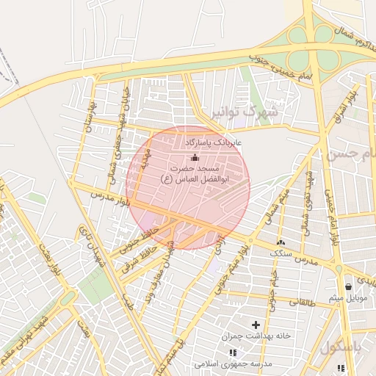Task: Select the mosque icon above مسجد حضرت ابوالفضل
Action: coord(195,157)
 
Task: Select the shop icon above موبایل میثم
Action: coord(348,286)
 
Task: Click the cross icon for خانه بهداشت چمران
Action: coord(256,325)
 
